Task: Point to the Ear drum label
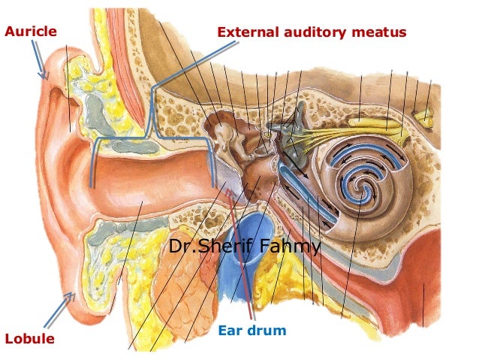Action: coord(252,330)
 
